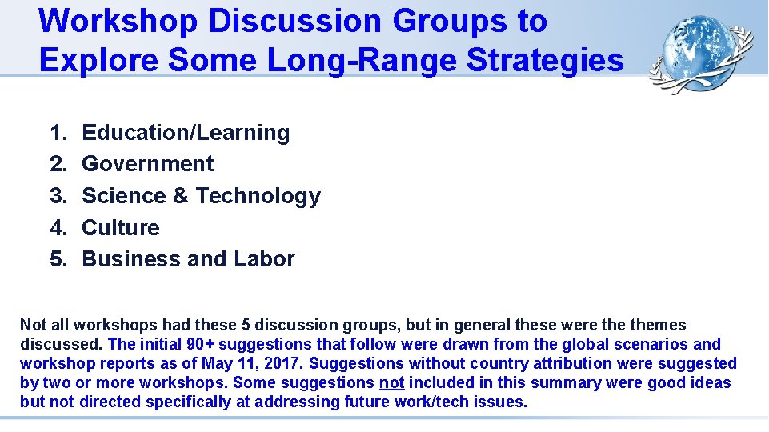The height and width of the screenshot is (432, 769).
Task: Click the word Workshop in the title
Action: [x=118, y=21]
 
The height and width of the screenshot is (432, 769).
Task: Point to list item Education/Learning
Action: [x=186, y=132]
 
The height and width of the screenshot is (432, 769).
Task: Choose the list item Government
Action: [x=148, y=164]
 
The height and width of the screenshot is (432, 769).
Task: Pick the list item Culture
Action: [x=121, y=228]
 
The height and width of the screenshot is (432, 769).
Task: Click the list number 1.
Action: [x=58, y=133]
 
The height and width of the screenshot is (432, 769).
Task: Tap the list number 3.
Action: [x=58, y=196]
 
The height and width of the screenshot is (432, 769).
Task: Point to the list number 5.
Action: [x=58, y=259]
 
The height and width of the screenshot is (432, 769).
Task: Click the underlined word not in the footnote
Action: [x=391, y=382]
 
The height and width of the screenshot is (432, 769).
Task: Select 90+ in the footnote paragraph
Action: [x=197, y=344]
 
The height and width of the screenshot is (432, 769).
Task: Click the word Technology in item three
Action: [x=258, y=196]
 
